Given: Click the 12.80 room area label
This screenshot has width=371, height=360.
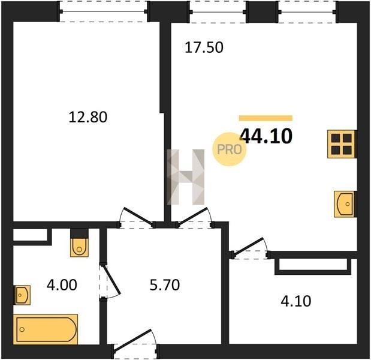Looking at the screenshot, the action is click(x=88, y=117).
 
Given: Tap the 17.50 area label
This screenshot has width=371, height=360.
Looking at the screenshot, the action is click(x=204, y=47).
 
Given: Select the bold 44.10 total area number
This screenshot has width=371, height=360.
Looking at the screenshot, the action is click(x=266, y=136).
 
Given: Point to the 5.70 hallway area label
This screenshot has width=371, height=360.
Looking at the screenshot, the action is click(x=165, y=284).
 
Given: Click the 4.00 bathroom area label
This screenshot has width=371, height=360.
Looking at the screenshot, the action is click(x=62, y=284).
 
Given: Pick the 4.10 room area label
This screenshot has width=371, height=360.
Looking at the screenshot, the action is click(x=295, y=301).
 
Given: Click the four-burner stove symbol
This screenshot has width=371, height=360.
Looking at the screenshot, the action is click(x=341, y=144).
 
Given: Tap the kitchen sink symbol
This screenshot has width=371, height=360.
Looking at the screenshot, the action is click(x=344, y=204).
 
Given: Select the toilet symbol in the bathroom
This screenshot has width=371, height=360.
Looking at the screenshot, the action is click(x=79, y=247).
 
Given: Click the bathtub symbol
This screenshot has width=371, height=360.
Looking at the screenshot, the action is click(x=46, y=329).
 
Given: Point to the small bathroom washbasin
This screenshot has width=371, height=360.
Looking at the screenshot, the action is click(x=22, y=295).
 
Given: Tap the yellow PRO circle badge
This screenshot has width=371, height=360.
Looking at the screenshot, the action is click(x=230, y=149).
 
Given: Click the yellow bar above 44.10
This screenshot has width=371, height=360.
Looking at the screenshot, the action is click(x=266, y=118).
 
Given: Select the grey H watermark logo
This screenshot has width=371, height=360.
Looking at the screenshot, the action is click(x=186, y=177).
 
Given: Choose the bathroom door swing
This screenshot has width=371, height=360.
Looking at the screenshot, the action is click(x=111, y=280).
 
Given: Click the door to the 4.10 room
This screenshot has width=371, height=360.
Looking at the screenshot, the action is click(x=249, y=247).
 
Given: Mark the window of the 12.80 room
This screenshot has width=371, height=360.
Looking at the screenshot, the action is click(x=103, y=11).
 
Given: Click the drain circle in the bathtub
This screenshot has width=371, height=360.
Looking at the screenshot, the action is click(x=22, y=329).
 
